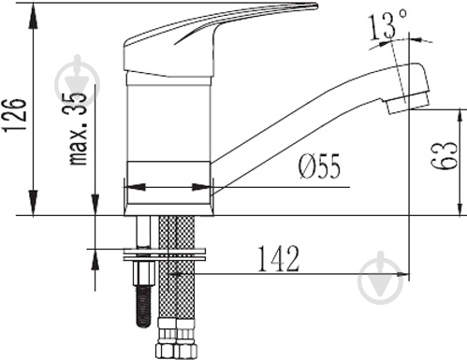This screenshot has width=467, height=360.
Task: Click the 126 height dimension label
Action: (15, 115)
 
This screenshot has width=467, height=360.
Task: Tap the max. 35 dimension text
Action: (78, 128)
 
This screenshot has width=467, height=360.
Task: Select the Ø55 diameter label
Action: (320, 166)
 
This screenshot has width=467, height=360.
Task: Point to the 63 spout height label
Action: (445, 156)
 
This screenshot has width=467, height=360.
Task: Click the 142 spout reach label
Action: (278, 259)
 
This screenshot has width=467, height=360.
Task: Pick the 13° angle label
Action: (387, 24)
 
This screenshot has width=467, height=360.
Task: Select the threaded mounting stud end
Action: (143, 307)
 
